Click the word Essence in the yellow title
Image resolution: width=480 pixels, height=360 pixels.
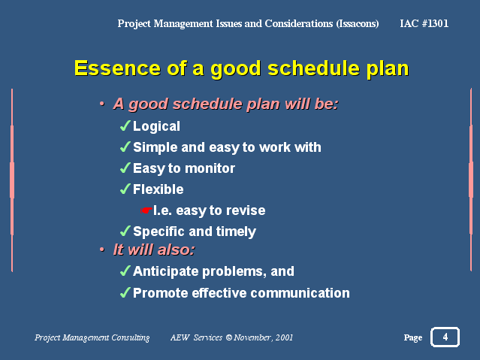click(x=117, y=68)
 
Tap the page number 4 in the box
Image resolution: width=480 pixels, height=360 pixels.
click(x=445, y=337)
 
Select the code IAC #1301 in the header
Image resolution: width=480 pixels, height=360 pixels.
click(x=424, y=23)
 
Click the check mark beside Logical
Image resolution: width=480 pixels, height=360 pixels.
click(x=125, y=126)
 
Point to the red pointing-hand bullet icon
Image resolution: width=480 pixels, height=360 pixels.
click(x=146, y=210)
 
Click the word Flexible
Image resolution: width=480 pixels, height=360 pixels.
click(x=158, y=189)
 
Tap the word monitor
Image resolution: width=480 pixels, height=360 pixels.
click(x=210, y=168)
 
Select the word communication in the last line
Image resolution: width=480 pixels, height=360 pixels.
click(x=300, y=293)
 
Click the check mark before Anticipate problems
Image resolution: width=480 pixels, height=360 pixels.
click(x=125, y=271)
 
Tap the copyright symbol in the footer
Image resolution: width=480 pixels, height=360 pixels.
click(x=228, y=337)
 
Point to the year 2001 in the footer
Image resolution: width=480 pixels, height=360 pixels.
click(x=284, y=337)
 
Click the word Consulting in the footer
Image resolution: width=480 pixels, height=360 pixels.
click(x=131, y=337)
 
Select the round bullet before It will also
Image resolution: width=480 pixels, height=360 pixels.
click(x=102, y=250)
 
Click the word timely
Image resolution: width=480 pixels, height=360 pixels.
click(x=236, y=231)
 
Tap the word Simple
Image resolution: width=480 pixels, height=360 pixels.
click(x=155, y=147)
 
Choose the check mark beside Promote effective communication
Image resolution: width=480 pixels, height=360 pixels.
click(x=125, y=292)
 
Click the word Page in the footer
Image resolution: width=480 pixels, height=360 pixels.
click(x=412, y=337)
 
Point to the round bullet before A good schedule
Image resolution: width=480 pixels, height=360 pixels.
click(x=102, y=104)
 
